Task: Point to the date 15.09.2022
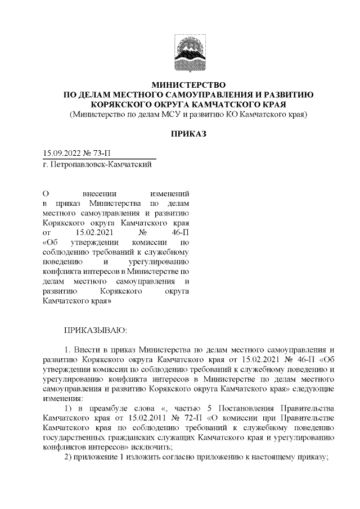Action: coord(62,154)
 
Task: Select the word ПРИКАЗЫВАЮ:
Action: coord(96,327)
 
